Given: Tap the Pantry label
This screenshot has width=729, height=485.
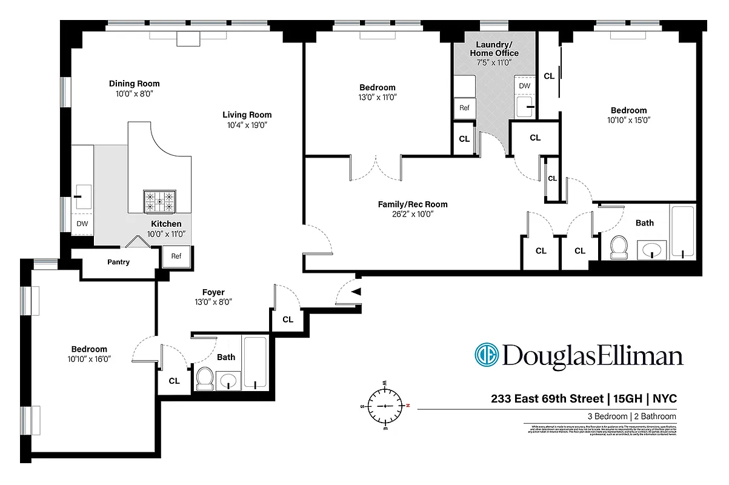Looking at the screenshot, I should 118,263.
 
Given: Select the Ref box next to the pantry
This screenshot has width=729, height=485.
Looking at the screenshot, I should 176,256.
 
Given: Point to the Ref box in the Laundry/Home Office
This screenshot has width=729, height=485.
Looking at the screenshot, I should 464,108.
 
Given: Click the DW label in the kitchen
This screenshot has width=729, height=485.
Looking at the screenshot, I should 82,224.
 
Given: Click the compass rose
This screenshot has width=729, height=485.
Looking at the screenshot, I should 385,405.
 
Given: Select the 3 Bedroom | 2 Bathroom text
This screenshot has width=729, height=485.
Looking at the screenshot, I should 631,416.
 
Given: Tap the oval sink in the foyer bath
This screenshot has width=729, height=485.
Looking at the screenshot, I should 228,381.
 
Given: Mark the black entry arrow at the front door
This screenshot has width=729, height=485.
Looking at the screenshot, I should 356,292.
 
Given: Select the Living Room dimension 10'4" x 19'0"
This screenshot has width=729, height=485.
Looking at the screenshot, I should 247,125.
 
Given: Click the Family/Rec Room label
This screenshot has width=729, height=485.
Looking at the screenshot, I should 412,204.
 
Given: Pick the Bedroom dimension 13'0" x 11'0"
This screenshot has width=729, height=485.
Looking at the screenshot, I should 377,97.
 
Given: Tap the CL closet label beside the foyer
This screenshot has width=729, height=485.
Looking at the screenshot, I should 288,319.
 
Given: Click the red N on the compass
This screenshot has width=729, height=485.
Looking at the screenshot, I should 408,405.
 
